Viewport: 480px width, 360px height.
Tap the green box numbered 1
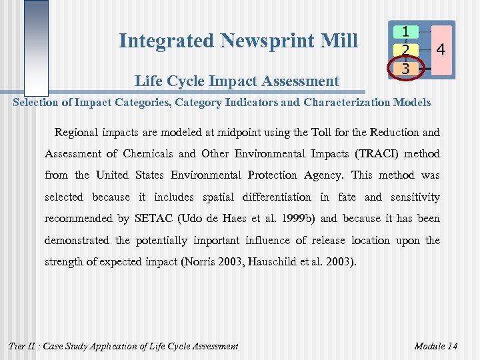(x=405, y=31)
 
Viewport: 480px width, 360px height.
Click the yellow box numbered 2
(x=405, y=49)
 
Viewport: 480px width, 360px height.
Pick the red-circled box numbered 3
(x=405, y=67)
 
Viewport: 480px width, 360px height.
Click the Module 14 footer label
(x=436, y=345)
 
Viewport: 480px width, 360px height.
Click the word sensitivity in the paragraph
(x=414, y=197)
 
